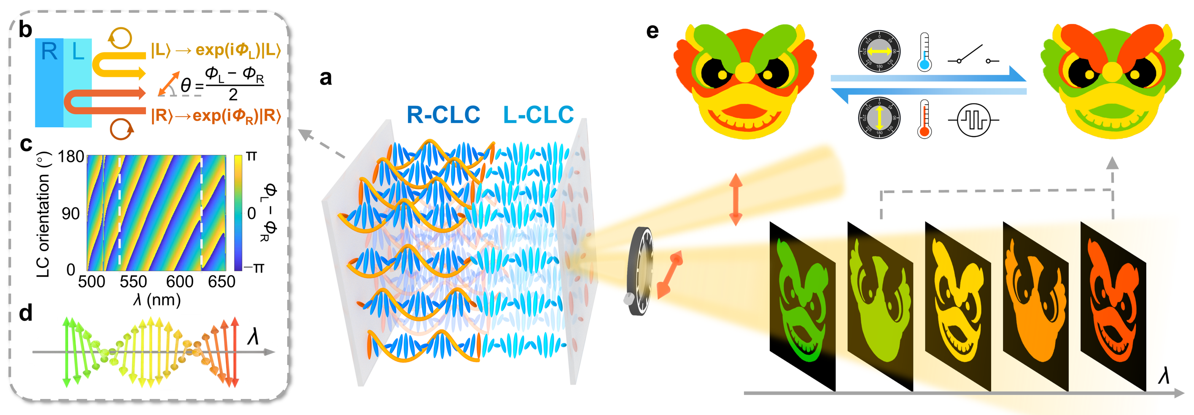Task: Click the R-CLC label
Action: pos(443,115)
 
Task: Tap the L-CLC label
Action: pos(538,115)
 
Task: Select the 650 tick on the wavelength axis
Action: pos(221,281)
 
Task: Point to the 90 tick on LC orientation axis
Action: pos(70,213)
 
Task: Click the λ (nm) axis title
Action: pos(156,300)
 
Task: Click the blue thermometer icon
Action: pos(924,52)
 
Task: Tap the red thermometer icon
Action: pos(924,119)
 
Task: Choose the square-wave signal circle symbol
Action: pos(973,120)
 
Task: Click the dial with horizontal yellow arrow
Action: pos(879,52)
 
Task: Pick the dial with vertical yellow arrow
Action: pos(879,118)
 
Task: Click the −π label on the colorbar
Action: pos(254,268)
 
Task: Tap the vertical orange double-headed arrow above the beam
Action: pos(736,199)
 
